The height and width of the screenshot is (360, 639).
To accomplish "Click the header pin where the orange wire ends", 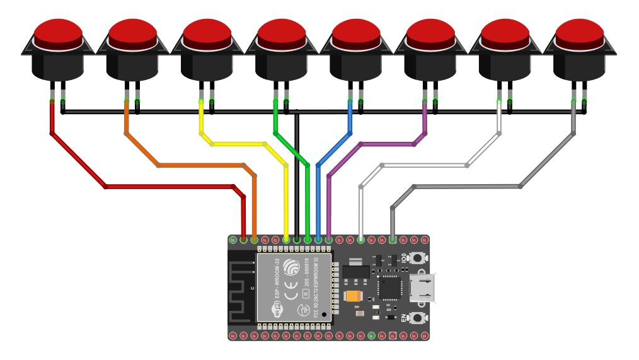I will pyautogui.click(x=254, y=240).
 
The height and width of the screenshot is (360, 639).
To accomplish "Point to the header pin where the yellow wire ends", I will pyautogui.click(x=286, y=240).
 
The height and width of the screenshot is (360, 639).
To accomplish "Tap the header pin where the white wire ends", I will pyautogui.click(x=360, y=240).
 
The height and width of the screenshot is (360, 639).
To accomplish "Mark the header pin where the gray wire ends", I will pyautogui.click(x=393, y=240).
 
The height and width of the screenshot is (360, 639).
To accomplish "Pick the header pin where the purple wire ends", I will pyautogui.click(x=328, y=240).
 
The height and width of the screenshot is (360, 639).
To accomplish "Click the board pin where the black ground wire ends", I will pyautogui.click(x=297, y=240).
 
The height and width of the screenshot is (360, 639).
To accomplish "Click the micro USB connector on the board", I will pyautogui.click(x=422, y=287).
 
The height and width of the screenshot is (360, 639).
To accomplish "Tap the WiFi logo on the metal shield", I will pyautogui.click(x=277, y=310).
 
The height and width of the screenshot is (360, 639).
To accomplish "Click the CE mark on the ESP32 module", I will pyautogui.click(x=291, y=294).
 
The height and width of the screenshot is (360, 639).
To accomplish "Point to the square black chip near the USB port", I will pyautogui.click(x=389, y=288).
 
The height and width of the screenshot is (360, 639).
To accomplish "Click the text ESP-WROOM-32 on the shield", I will pyautogui.click(x=276, y=278).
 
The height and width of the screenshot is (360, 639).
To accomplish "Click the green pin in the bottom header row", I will pyautogui.click(x=371, y=335).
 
